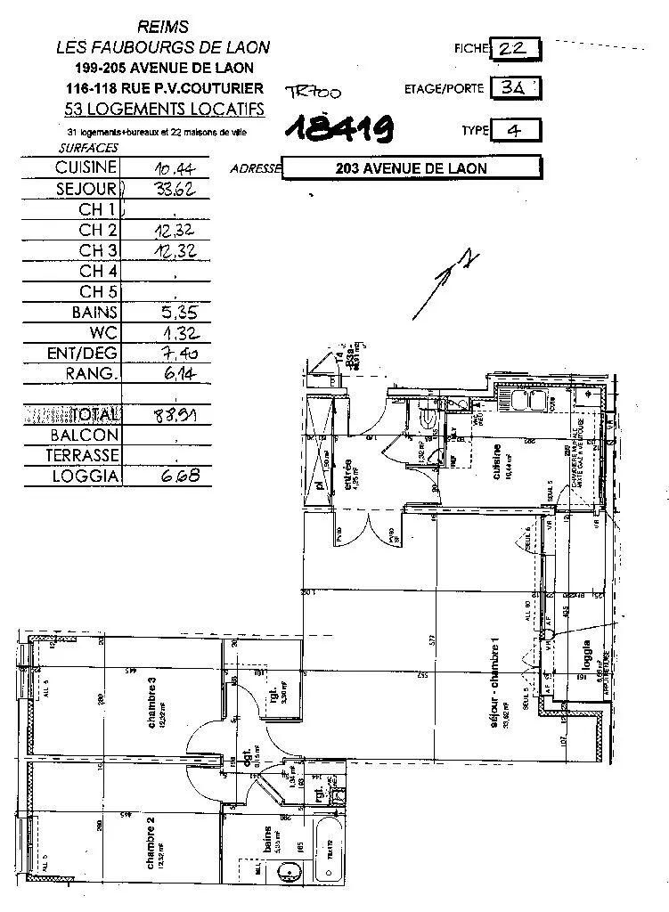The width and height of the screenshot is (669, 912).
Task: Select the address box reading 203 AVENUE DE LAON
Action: pyautogui.click(x=411, y=168)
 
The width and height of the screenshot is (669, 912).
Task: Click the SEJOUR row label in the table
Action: pyautogui.click(x=86, y=189)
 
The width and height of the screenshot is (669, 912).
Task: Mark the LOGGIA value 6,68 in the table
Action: pyautogui.click(x=174, y=476)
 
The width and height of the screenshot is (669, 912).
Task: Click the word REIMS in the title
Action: pyautogui.click(x=164, y=28)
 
